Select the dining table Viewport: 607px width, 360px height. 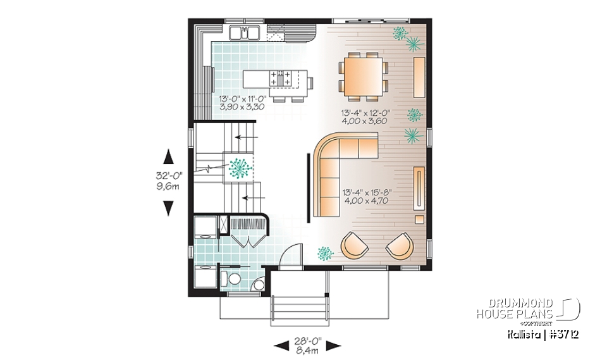click(x=364, y=75)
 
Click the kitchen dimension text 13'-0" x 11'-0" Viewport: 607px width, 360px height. click(x=242, y=99)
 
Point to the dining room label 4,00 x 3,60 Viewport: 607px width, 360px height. click(x=364, y=120)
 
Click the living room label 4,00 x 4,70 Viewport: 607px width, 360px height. click(x=365, y=201)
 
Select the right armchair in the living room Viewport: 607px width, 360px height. click(x=399, y=245)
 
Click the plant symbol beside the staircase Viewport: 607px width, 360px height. click(x=239, y=167)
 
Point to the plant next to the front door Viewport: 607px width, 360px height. click(x=325, y=253)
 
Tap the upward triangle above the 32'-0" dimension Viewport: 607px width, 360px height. click(x=168, y=156)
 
